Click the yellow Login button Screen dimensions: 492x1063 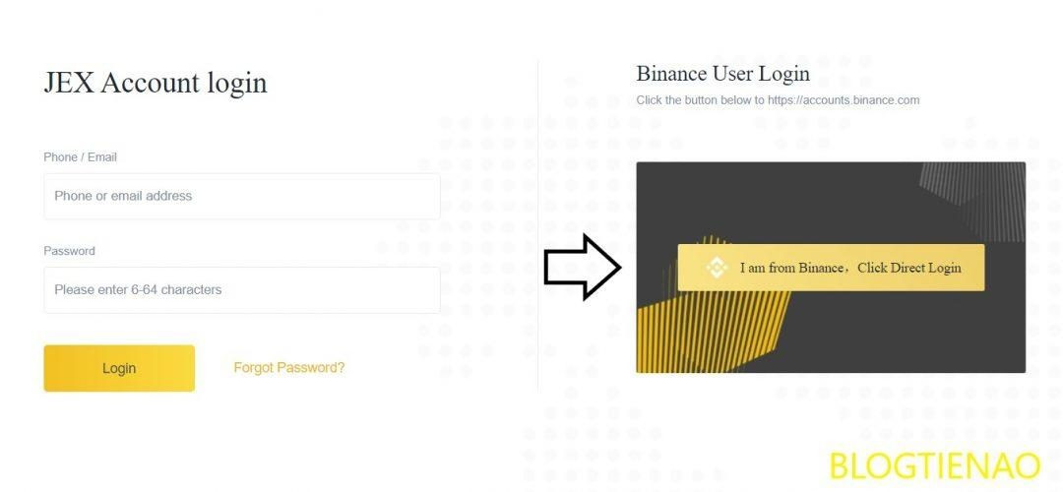pyautogui.click(x=119, y=368)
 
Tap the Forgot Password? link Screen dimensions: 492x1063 pyautogui.click(x=288, y=368)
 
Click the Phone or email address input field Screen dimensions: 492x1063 pyautogui.click(x=241, y=196)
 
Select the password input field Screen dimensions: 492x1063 pyautogui.click(x=241, y=290)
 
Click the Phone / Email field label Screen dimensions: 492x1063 pyautogui.click(x=80, y=157)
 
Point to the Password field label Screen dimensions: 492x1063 pyautogui.click(x=69, y=251)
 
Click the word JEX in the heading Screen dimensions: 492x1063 pyautogui.click(x=69, y=83)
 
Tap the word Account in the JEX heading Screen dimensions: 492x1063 pyautogui.click(x=151, y=83)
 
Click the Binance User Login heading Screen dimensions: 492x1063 pyautogui.click(x=722, y=74)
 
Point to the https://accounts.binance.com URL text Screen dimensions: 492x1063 pyautogui.click(x=844, y=100)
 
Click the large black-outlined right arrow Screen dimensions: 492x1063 pyautogui.click(x=581, y=267)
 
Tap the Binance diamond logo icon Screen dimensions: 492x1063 pyautogui.click(x=717, y=268)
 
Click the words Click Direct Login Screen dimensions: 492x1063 pyautogui.click(x=908, y=268)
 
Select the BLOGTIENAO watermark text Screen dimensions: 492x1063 pyautogui.click(x=934, y=465)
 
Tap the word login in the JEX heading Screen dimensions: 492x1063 pyautogui.click(x=236, y=83)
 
